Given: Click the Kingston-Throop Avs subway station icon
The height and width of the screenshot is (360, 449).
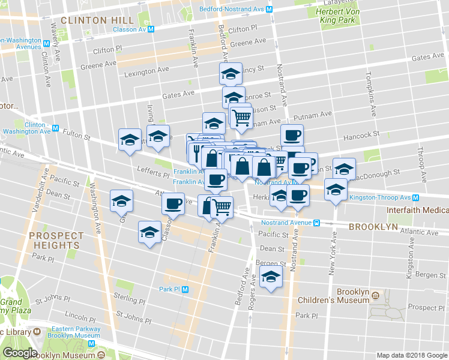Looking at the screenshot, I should pyautogui.click(x=415, y=197).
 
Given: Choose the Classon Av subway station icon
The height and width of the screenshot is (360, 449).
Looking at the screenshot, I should pyautogui.click(x=151, y=28).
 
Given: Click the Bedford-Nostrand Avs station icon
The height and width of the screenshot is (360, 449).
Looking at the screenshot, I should pyautogui.click(x=270, y=10).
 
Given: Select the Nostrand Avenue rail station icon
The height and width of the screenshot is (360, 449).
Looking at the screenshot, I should pyautogui.click(x=316, y=222).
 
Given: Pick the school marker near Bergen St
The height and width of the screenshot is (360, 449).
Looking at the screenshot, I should pyautogui.click(x=271, y=278).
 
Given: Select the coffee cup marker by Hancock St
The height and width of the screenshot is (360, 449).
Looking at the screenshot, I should pyautogui.click(x=292, y=135).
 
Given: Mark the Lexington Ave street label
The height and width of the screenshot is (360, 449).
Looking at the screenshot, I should pyautogui.click(x=146, y=71).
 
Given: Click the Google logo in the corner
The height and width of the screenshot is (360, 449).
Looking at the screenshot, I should pyautogui.click(x=20, y=353).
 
